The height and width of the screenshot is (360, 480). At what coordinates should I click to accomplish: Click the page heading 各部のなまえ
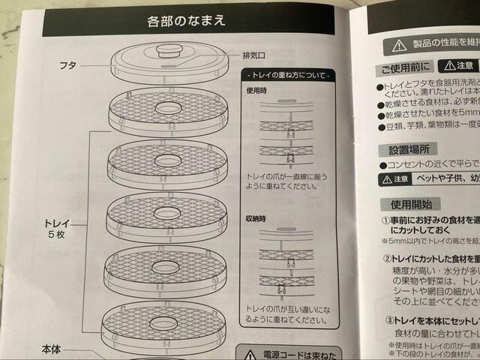(187, 20)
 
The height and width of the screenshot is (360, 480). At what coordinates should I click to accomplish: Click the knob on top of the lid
(169, 52)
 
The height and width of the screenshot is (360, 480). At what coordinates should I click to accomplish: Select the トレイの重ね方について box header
(289, 76)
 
